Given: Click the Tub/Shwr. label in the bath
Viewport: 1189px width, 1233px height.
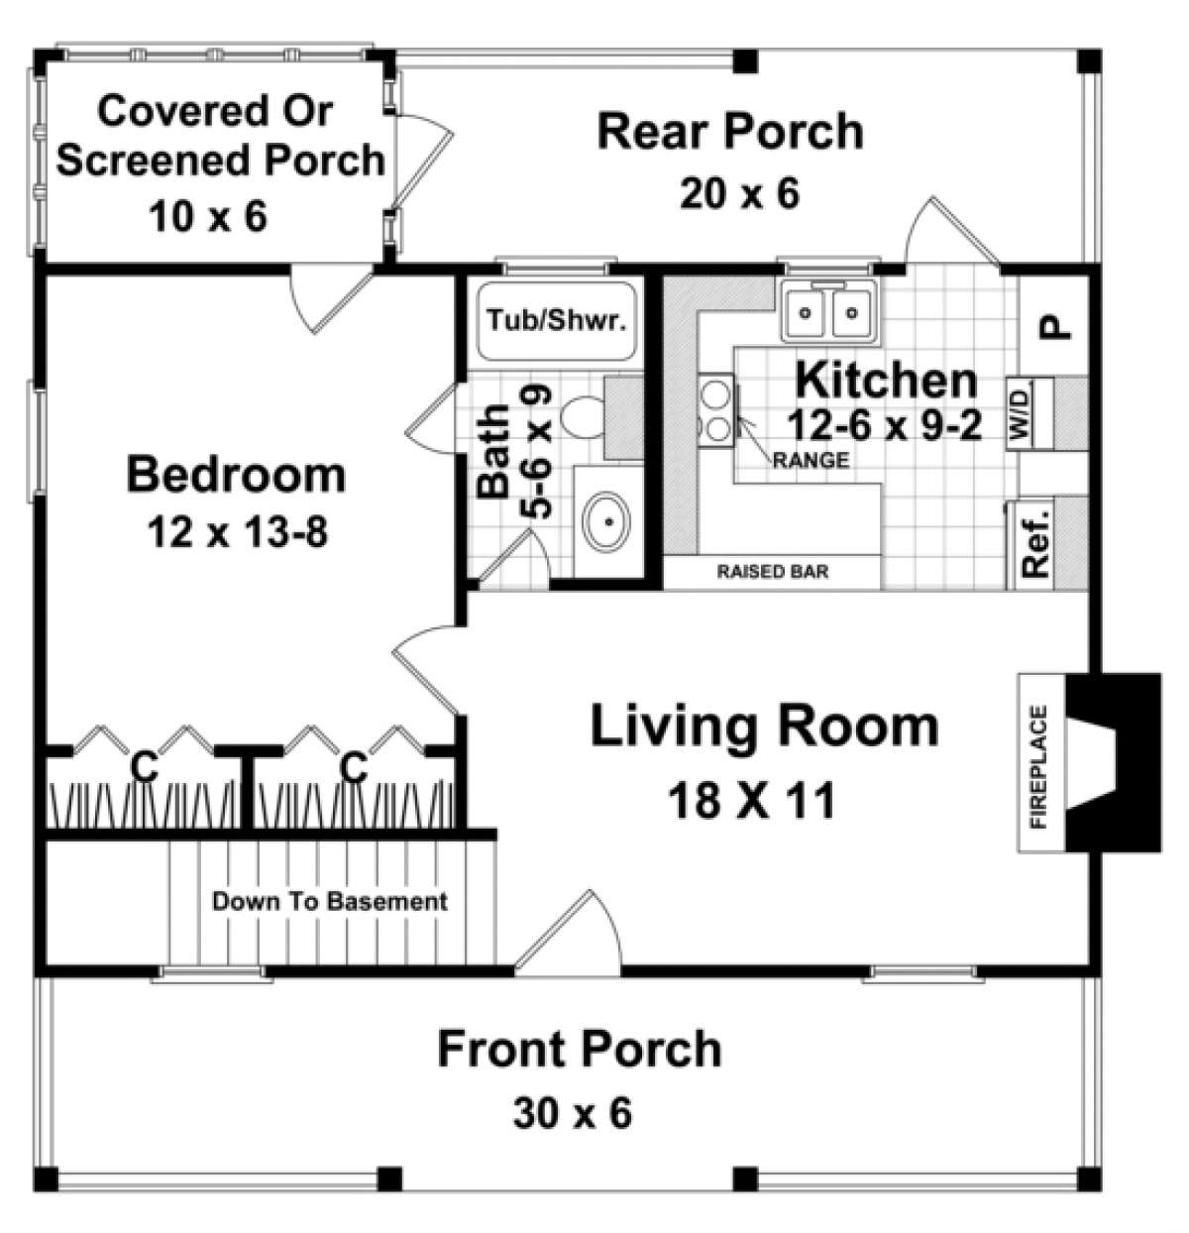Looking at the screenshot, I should click(558, 321).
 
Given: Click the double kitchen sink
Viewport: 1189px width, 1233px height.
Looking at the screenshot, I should click(826, 313).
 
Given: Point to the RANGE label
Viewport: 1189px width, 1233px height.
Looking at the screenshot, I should click(811, 460).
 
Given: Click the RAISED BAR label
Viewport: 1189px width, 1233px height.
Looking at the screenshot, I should click(773, 572).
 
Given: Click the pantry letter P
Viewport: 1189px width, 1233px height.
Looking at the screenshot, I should click(1056, 326).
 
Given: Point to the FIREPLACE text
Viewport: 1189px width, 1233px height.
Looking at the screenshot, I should click(1038, 765).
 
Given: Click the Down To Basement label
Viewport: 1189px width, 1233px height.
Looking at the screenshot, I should click(330, 902).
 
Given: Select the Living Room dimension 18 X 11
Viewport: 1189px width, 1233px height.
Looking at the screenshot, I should click(752, 800).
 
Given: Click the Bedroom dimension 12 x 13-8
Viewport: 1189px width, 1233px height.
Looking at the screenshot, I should click(238, 533).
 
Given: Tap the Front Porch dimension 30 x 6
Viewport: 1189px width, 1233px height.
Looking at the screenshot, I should click(573, 1113).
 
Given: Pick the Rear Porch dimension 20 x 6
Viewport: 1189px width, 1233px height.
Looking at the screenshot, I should click(738, 193).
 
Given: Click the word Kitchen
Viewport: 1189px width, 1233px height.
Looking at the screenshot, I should click(886, 380).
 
